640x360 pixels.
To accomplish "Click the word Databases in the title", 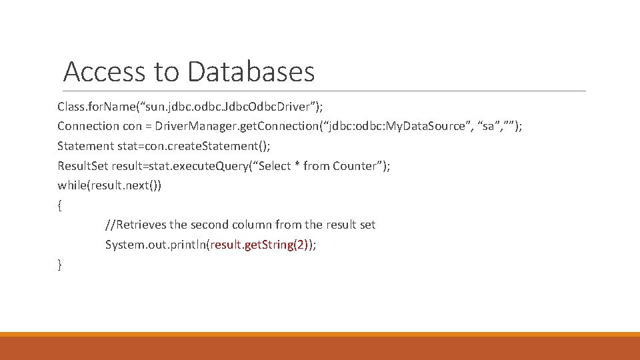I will click(x=251, y=71).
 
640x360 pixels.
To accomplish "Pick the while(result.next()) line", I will click(x=109, y=185).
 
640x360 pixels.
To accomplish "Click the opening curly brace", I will click(x=60, y=205).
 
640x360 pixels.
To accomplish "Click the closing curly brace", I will click(x=60, y=265).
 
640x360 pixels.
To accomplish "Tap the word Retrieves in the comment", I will click(x=138, y=225).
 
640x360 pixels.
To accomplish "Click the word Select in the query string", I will click(x=275, y=166).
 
